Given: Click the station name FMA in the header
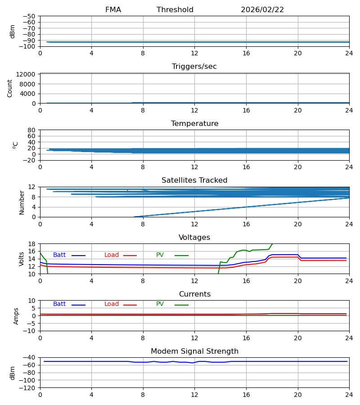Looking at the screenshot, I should point(113,10).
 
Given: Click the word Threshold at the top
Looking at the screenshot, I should point(175,10).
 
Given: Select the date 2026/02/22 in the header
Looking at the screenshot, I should point(262,10).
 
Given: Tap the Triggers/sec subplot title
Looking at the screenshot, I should point(194,67).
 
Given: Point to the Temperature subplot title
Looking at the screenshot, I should point(194,124).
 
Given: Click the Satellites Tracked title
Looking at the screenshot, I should point(194,180).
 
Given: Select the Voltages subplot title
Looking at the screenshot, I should point(194,238).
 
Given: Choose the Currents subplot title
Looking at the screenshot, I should point(194,294).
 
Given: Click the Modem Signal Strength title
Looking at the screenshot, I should point(194,351).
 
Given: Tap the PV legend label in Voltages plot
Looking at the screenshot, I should point(160,255).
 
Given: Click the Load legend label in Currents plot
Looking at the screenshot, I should point(112,304).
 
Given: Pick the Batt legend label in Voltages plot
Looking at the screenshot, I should point(59,255).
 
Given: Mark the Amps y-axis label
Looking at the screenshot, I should point(17,316).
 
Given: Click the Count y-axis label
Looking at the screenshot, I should point(10,88).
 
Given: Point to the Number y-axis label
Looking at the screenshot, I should point(22,202).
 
